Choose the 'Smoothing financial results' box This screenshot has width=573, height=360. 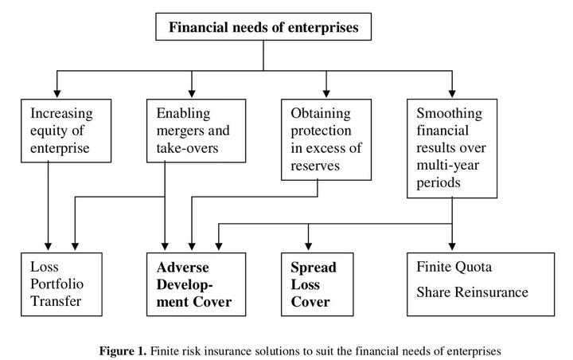coord(451,147)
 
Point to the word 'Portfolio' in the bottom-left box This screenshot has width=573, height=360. coord(53,284)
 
